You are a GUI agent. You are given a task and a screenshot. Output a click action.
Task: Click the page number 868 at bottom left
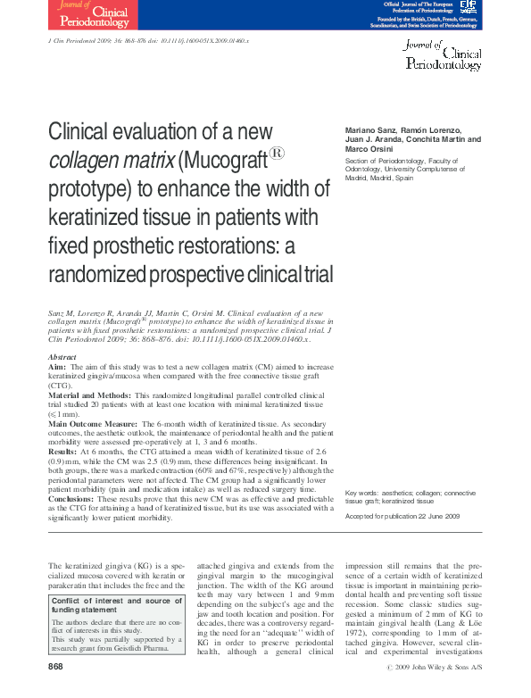pos(56,667)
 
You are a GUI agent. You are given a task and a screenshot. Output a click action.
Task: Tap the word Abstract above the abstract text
pos(62,357)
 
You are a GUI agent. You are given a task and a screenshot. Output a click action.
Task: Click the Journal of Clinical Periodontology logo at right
pos(444,54)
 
